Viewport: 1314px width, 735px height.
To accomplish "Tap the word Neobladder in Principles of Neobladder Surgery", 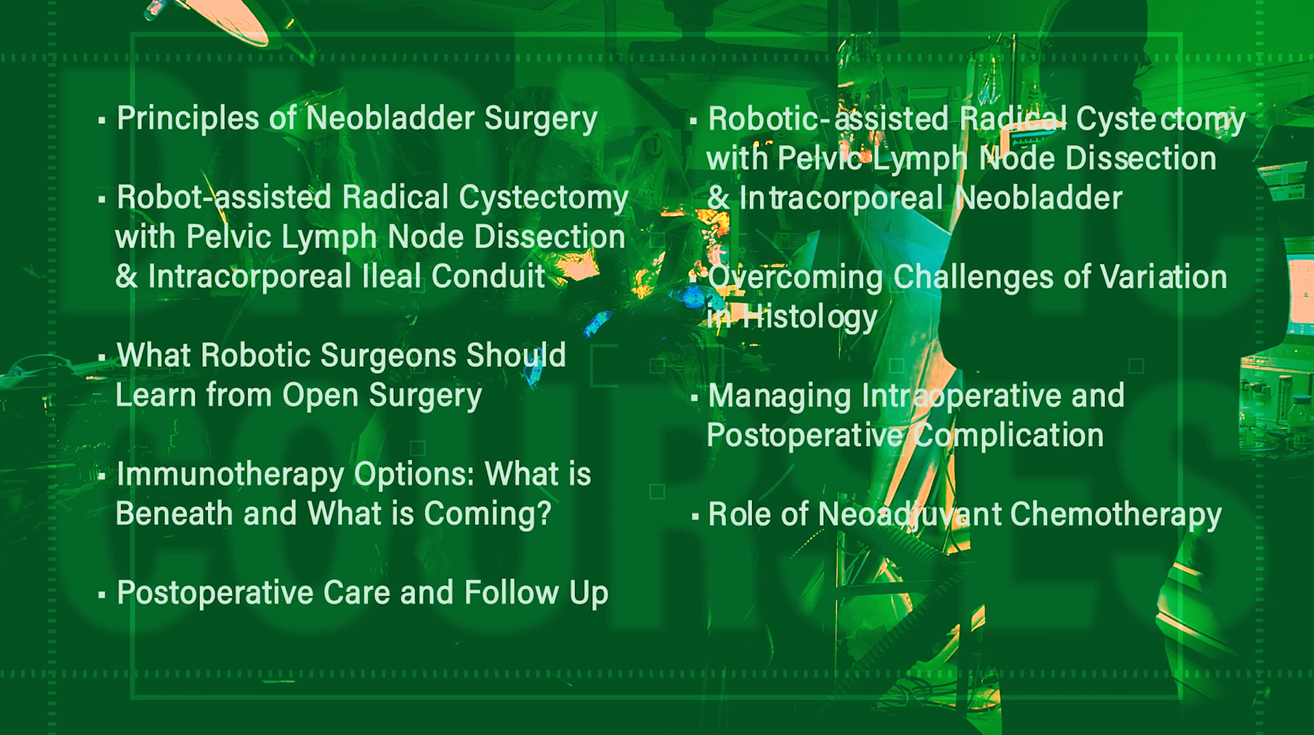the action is [x=390, y=118].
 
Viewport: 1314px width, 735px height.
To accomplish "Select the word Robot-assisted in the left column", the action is [x=224, y=197].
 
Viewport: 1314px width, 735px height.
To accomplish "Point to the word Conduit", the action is [x=488, y=276].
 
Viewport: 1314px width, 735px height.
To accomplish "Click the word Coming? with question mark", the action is [x=487, y=514].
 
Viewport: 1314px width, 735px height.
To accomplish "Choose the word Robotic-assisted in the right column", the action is [x=828, y=118].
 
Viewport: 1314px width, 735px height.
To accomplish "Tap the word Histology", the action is [x=810, y=318].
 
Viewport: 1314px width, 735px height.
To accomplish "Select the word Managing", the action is [x=780, y=396].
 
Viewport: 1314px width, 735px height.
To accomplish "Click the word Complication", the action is [x=1009, y=436].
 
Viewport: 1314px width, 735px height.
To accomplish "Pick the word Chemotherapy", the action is [x=1116, y=515].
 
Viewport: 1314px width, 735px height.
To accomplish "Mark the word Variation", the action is [x=1163, y=277].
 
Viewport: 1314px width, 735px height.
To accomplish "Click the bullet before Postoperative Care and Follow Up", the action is [x=102, y=595].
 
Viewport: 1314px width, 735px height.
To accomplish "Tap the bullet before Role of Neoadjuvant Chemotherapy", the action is [x=695, y=517].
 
